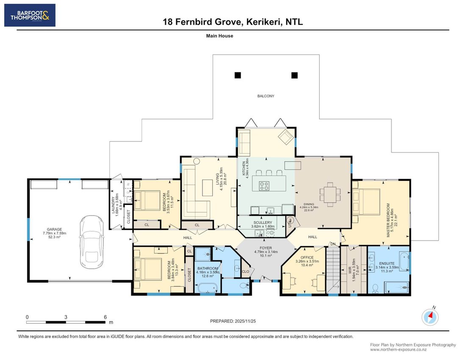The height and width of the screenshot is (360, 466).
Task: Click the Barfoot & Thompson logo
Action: (30, 15)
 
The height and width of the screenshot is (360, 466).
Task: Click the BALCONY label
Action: (266, 96)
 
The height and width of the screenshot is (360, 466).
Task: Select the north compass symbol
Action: (430, 317)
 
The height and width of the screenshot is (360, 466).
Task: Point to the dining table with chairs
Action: (330, 194)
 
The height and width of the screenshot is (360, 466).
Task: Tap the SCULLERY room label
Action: (263, 222)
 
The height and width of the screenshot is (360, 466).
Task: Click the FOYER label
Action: (266, 248)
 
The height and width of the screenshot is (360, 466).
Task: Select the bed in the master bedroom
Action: (366, 202)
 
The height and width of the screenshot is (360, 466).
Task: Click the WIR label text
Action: (350, 270)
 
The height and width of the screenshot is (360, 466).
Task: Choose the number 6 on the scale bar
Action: (105, 317)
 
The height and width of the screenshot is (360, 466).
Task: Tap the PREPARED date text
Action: (233, 321)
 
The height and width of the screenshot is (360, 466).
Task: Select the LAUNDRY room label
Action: (113, 205)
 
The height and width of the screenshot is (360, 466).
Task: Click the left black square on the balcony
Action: (238, 75)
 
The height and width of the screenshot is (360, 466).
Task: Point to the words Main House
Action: (219, 36)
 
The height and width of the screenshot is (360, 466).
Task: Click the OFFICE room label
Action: (307, 258)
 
